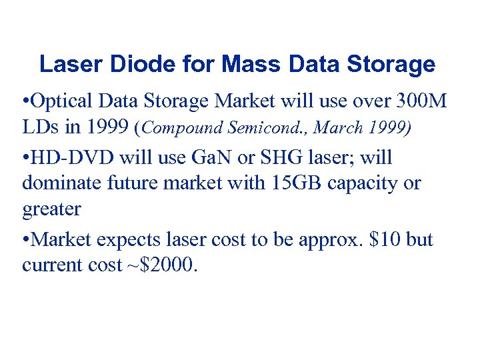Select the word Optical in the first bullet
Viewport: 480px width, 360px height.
pyautogui.click(x=64, y=103)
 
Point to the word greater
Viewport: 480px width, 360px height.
pyautogui.click(x=51, y=210)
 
